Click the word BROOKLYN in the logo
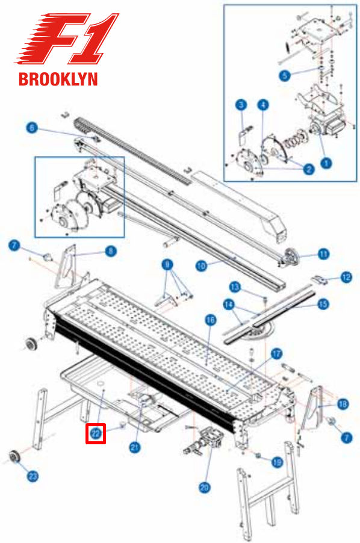[x=58, y=79]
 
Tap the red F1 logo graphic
[x=67, y=39]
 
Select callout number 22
[x=96, y=433]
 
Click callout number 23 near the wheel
[x=33, y=476]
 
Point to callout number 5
[x=285, y=75]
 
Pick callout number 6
[x=32, y=128]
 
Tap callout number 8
[x=110, y=250]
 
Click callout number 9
[x=167, y=265]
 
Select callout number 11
[x=324, y=254]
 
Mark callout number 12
[x=346, y=277]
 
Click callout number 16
[x=211, y=320]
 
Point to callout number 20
[x=205, y=488]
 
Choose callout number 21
[x=135, y=447]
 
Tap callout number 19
[x=278, y=462]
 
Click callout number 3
[x=241, y=105]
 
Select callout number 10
[x=201, y=266]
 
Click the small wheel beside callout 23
[x=15, y=456]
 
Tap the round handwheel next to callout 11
[x=292, y=256]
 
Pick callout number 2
[x=308, y=169]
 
